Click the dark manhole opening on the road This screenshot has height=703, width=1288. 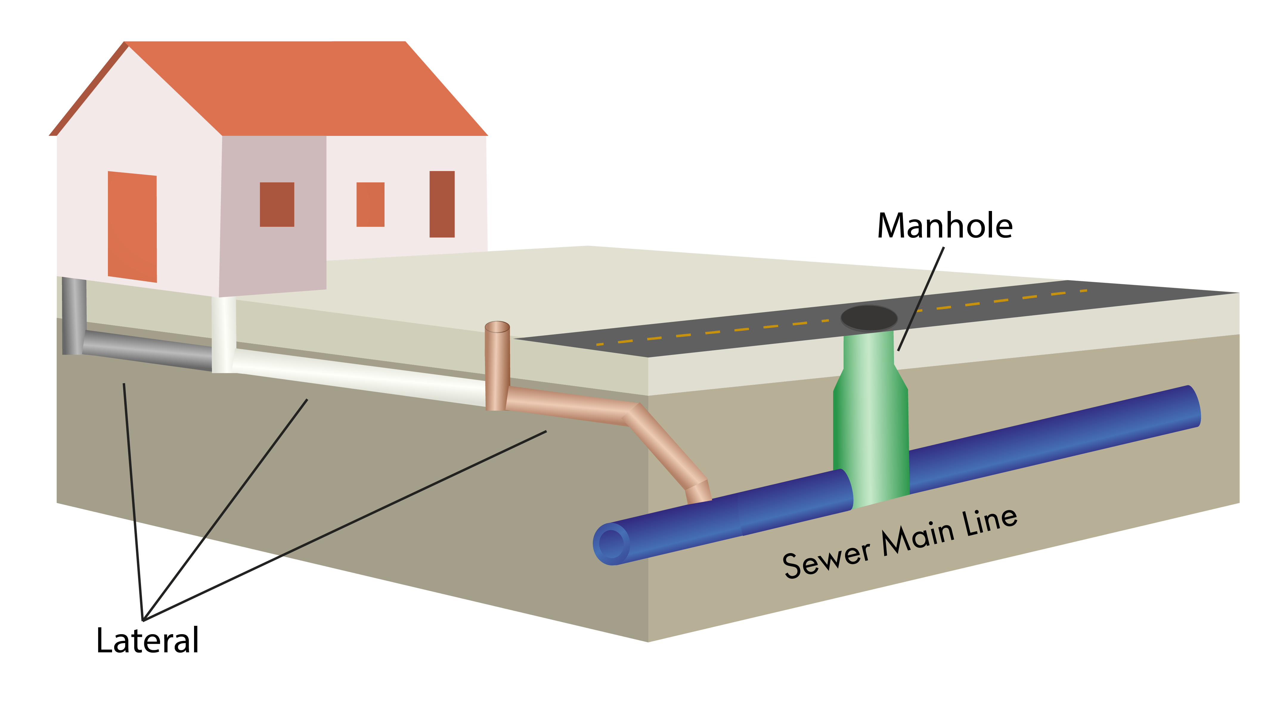coord(869,317)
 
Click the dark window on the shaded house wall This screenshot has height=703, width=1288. coord(277,204)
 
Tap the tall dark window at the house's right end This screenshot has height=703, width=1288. coord(442,204)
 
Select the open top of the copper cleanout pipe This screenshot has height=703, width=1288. coord(497,327)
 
